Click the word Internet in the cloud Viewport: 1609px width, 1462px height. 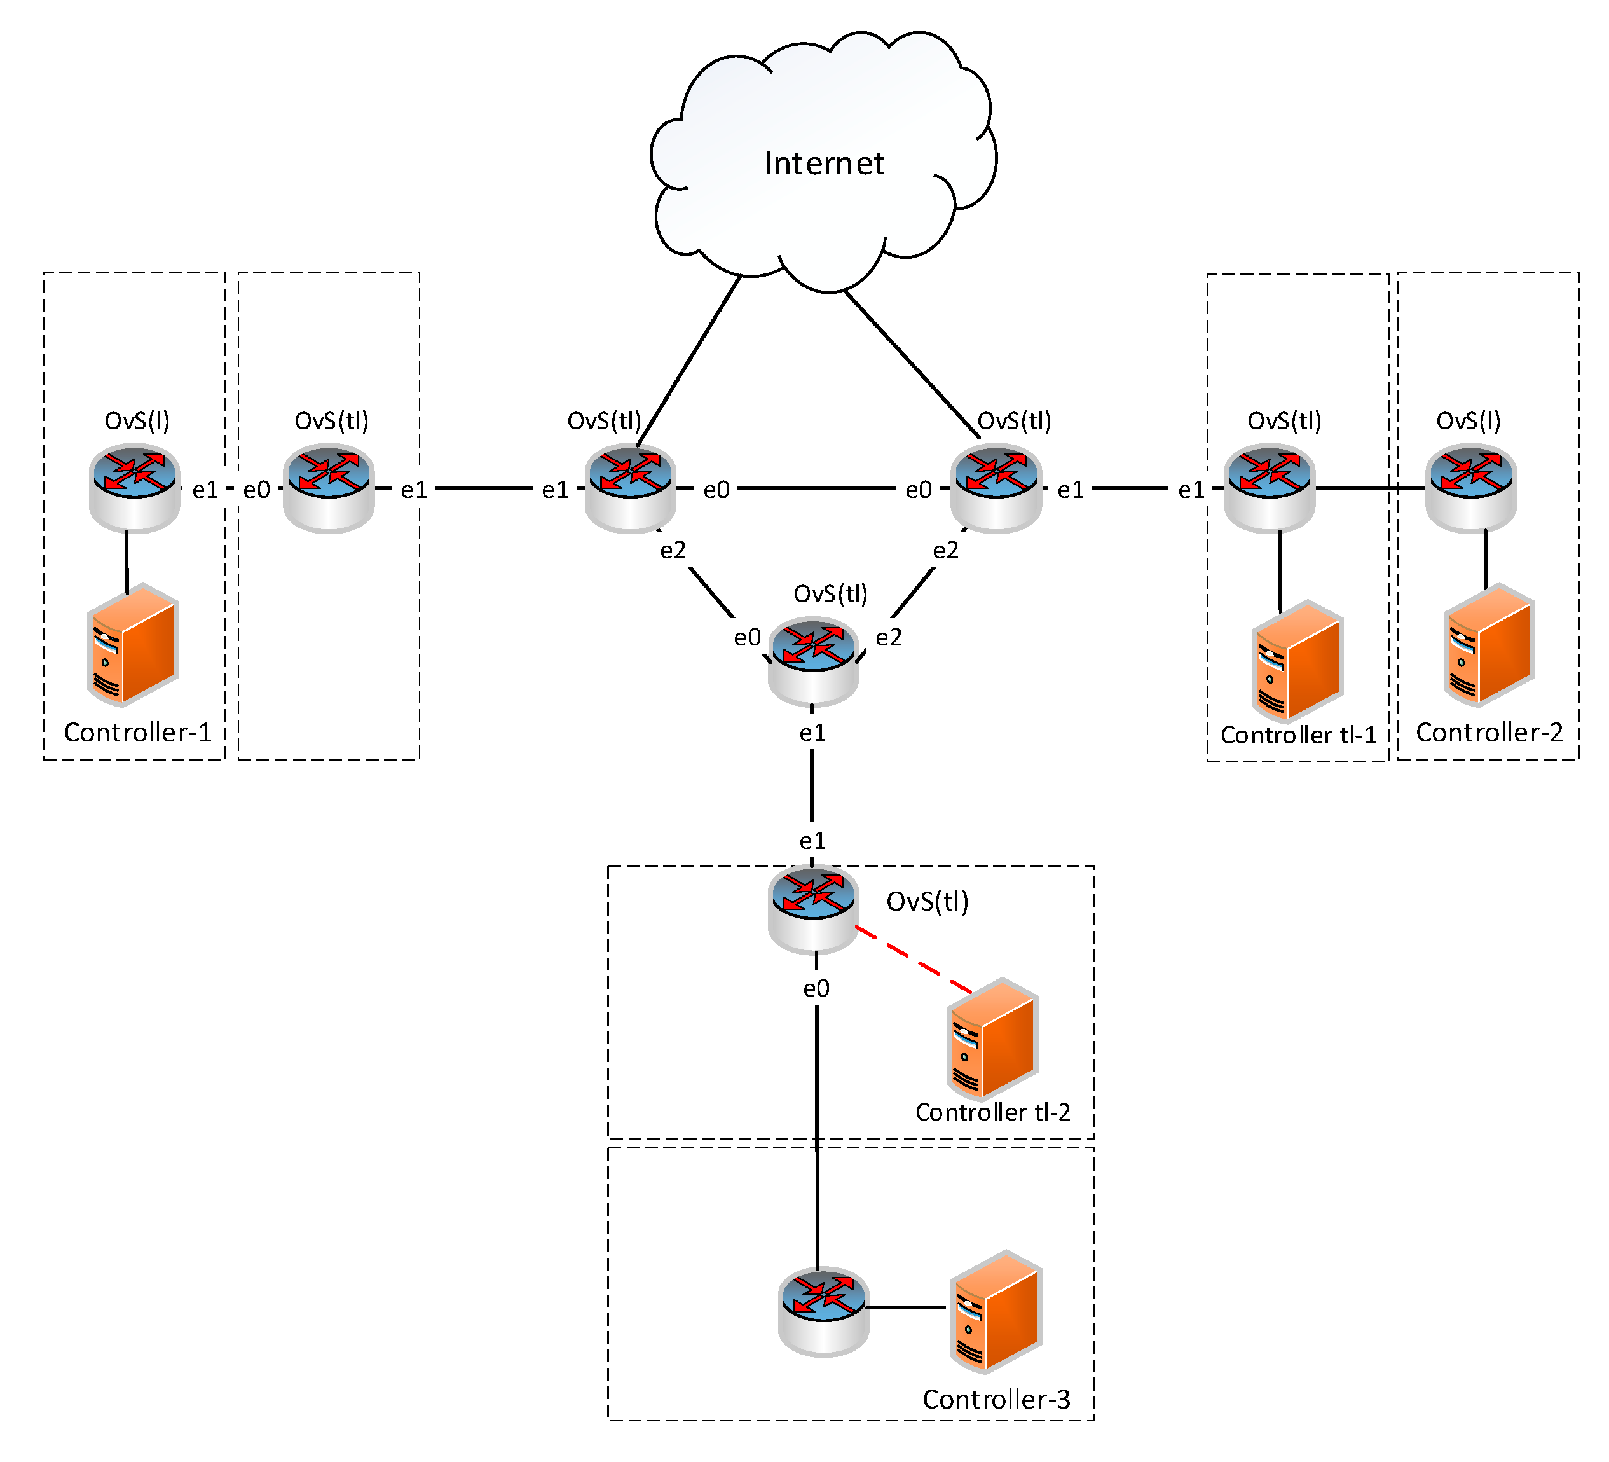[x=824, y=163]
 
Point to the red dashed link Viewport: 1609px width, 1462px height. [x=914, y=960]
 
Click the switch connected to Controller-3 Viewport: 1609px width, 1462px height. [x=823, y=1311]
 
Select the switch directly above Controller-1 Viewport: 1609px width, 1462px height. [x=134, y=488]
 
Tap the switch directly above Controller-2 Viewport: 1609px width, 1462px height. [x=1470, y=488]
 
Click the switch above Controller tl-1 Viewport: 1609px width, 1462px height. [x=1269, y=488]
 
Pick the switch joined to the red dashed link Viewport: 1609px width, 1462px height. [x=812, y=909]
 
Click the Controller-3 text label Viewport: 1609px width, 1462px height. [x=996, y=1399]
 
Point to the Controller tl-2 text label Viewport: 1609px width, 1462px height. [x=992, y=1112]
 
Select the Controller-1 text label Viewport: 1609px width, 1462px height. [x=137, y=732]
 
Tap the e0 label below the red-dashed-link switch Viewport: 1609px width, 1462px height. [x=816, y=988]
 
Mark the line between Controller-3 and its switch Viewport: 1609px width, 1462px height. [x=906, y=1308]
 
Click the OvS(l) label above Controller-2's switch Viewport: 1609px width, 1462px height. [x=1468, y=421]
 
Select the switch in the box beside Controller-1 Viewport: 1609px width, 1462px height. [x=329, y=488]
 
